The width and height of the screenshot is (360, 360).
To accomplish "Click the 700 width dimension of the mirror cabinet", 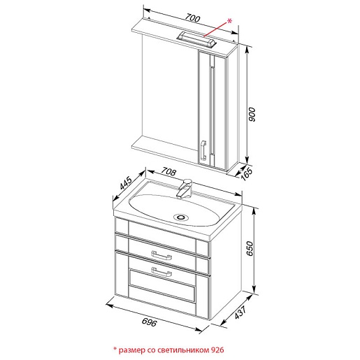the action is (x=192, y=18).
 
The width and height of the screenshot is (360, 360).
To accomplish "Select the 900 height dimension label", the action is (x=252, y=115).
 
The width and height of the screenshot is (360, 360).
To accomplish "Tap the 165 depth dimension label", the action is (x=247, y=173).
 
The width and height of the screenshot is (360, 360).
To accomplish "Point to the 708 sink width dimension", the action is (x=168, y=172).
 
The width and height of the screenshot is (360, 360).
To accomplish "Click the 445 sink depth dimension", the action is (x=126, y=182).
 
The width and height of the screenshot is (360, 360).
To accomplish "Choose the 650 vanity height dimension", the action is (x=250, y=249).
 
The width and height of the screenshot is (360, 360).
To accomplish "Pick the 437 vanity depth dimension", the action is (x=240, y=312).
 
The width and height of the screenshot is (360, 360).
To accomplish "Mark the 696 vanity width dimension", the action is (x=150, y=322).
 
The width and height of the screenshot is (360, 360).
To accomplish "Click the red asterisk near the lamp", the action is (x=229, y=21).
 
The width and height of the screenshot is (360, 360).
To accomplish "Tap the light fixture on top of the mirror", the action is (x=197, y=40).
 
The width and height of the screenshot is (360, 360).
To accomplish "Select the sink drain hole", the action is (x=181, y=217).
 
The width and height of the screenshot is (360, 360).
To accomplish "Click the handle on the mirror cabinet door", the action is (x=203, y=150).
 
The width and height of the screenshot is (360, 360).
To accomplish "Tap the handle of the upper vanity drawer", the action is (x=161, y=255).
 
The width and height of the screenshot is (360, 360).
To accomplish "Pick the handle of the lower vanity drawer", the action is (x=161, y=272).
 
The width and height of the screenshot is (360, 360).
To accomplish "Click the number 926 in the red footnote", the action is (x=217, y=350).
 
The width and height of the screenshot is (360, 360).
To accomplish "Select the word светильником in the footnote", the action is (x=184, y=350).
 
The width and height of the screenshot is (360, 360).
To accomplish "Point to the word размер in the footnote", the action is (x=132, y=351).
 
